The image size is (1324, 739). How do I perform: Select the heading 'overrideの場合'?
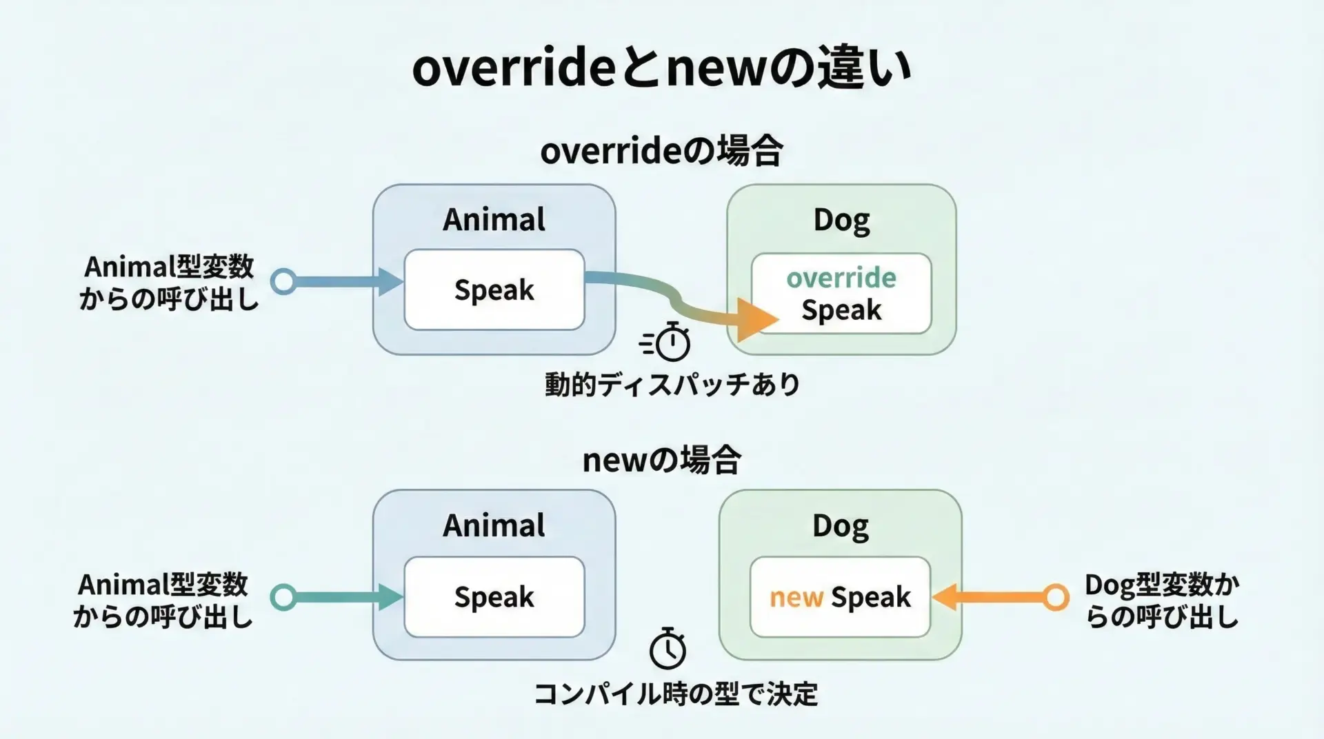(x=661, y=151)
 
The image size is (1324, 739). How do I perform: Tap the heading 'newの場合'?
(x=661, y=460)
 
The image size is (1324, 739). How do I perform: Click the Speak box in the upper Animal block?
(x=494, y=290)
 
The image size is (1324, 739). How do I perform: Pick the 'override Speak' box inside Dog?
(x=841, y=294)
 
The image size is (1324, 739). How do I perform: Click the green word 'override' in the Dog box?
(x=841, y=278)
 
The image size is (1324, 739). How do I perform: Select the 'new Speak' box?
(x=840, y=597)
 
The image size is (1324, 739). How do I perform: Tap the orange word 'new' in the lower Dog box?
(x=796, y=598)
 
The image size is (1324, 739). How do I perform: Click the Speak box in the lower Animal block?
(x=494, y=597)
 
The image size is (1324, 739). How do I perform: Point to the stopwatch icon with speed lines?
(x=665, y=341)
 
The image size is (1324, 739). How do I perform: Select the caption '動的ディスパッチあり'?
(x=672, y=384)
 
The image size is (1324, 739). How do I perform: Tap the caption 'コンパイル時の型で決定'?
(x=676, y=694)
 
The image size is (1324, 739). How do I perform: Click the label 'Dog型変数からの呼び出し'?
(x=1162, y=600)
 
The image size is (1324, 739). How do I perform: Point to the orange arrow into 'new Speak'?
(x=1000, y=597)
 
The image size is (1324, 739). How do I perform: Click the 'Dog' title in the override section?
(x=841, y=221)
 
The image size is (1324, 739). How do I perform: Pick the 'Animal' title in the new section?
(x=494, y=525)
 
